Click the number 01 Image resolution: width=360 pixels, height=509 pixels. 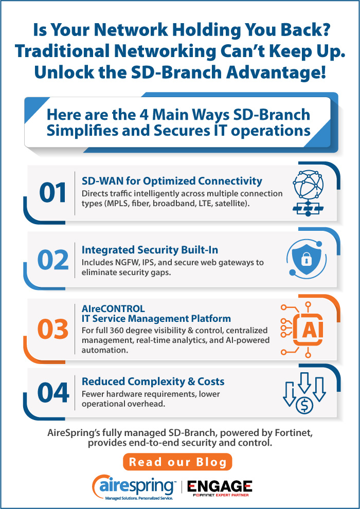tap(53, 192)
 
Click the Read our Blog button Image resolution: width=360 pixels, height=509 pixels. tap(177, 461)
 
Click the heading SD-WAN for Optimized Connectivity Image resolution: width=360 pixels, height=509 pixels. tap(172, 181)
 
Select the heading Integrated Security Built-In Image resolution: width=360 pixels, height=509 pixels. tap(150, 249)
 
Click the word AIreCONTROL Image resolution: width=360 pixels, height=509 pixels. tap(113, 308)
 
